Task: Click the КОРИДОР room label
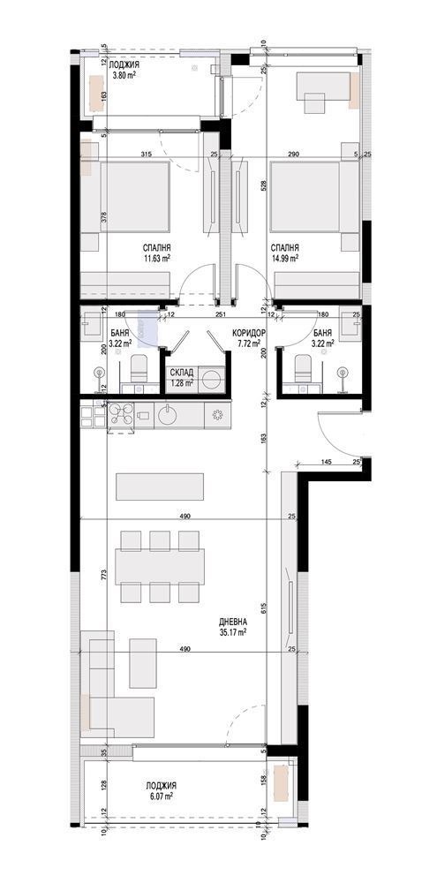point(246,333)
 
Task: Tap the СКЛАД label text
point(183,374)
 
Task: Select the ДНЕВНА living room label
point(233,621)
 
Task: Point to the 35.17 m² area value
point(233,631)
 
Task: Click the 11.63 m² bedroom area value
point(157,259)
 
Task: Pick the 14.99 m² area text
point(284,259)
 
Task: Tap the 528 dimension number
point(263,186)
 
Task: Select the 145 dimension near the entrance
point(326,462)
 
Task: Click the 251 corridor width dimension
point(222,314)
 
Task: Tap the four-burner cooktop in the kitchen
point(122,413)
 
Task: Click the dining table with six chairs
point(161,566)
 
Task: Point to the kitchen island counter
point(161,487)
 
